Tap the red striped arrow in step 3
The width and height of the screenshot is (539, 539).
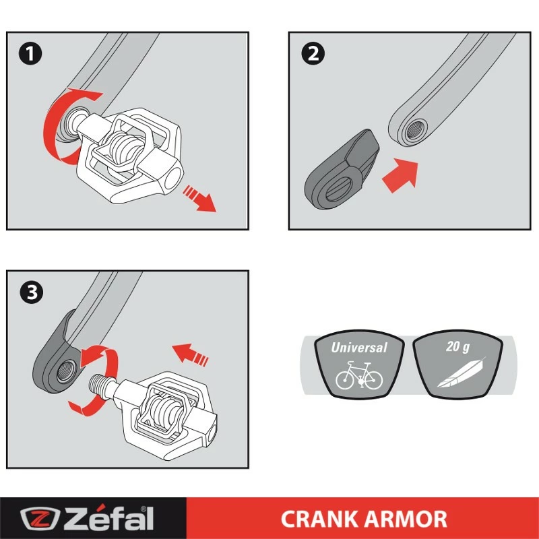pyautogui.click(x=191, y=353)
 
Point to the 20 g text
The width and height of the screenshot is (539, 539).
pyautogui.click(x=458, y=348)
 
